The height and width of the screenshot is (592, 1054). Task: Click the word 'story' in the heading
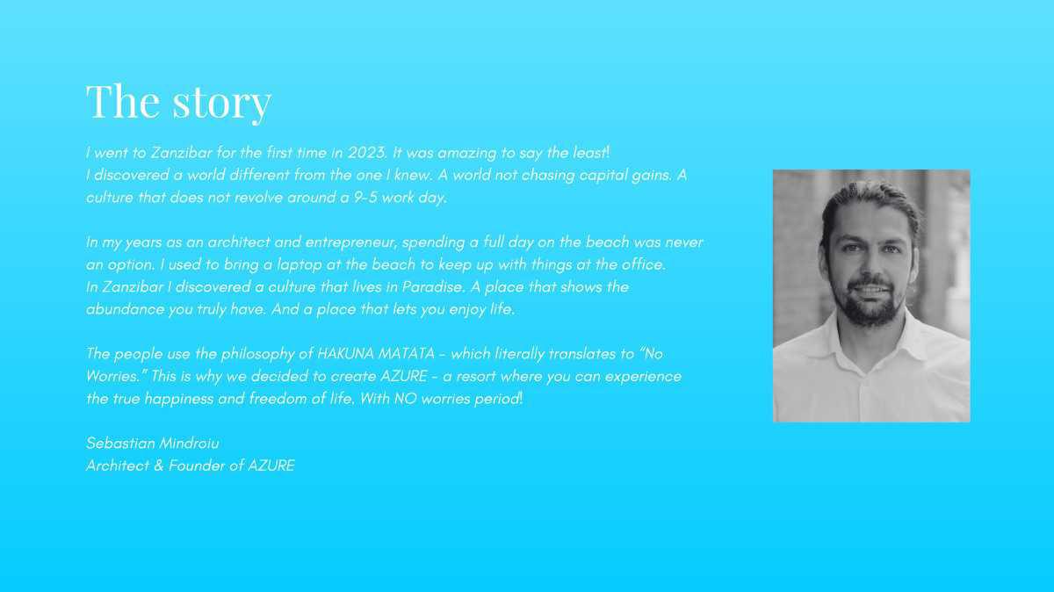click(221, 102)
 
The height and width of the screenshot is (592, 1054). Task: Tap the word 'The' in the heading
click(123, 100)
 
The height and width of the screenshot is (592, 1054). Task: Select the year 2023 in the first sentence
click(367, 153)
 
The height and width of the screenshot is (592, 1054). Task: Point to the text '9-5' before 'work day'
click(365, 197)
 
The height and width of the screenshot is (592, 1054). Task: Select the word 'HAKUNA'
click(345, 354)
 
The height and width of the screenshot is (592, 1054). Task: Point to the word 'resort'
click(476, 377)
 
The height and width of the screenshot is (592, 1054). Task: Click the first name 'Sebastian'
click(120, 444)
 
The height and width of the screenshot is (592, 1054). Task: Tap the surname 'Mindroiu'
click(189, 444)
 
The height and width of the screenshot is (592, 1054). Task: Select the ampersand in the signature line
click(159, 466)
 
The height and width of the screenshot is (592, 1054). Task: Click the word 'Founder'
click(197, 466)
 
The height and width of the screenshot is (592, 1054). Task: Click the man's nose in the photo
click(869, 264)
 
